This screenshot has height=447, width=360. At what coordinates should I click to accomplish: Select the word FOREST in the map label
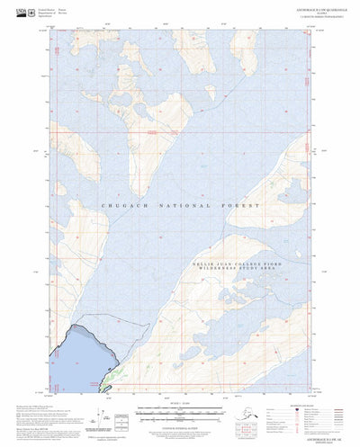click(x=243, y=206)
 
